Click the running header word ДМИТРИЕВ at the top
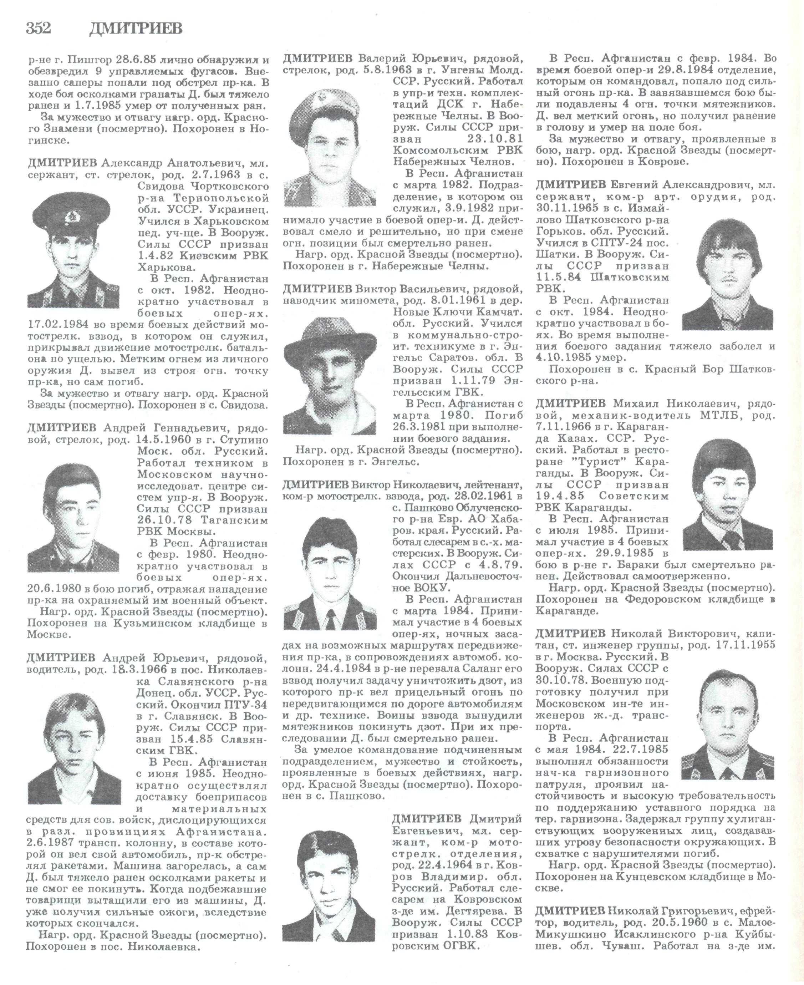(135, 29)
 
